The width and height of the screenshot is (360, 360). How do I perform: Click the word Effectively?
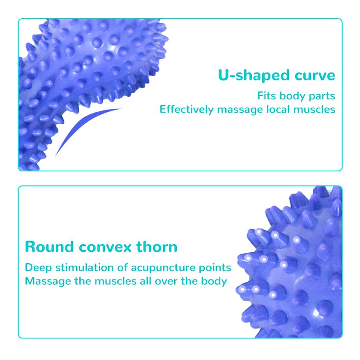click(186, 109)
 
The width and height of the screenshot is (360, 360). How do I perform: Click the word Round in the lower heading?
click(49, 247)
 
